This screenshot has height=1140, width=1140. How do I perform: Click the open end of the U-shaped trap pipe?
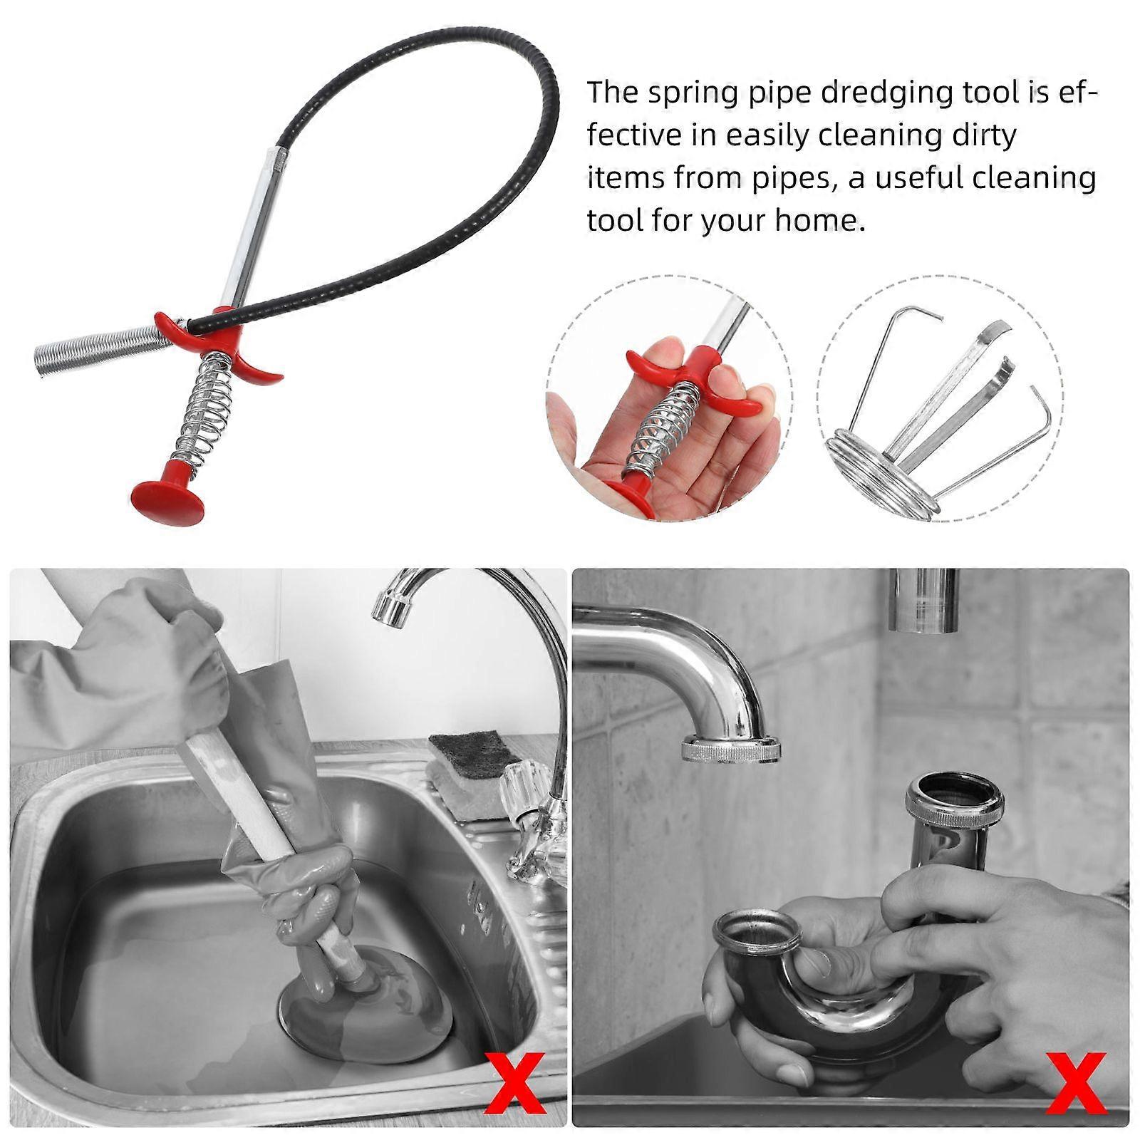click(x=757, y=933)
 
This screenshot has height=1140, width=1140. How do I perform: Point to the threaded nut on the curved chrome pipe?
click(x=730, y=750)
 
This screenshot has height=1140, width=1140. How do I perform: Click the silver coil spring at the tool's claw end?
click(x=100, y=349)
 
